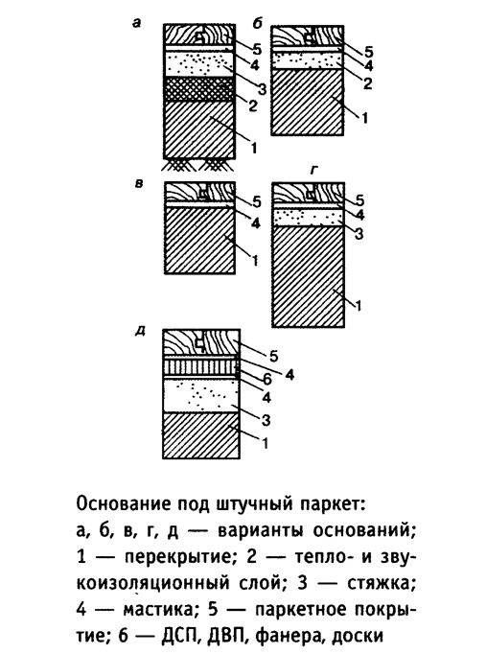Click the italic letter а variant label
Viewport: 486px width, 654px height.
click(136, 23)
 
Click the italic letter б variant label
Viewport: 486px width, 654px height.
click(257, 24)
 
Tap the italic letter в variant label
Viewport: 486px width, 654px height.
click(139, 183)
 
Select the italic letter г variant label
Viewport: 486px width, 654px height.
click(313, 171)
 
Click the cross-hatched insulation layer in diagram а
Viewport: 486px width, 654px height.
click(198, 89)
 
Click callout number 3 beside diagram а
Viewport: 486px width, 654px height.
click(262, 89)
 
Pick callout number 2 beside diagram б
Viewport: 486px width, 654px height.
click(367, 83)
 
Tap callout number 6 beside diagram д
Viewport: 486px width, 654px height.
click(266, 379)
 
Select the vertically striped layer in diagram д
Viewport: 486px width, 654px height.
click(201, 366)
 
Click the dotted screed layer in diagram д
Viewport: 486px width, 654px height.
click(201, 396)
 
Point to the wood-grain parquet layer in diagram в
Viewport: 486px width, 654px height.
click(199, 192)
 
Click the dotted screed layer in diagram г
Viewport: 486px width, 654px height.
click(308, 218)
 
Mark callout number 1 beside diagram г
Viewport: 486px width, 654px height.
click(359, 306)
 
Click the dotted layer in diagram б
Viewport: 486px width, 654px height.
click(308, 60)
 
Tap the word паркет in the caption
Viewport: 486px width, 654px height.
click(331, 504)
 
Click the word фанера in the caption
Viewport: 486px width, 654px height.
click(290, 637)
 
